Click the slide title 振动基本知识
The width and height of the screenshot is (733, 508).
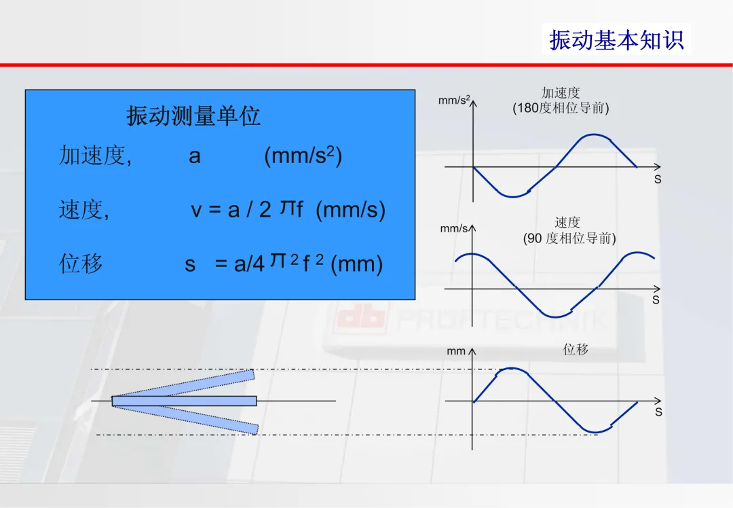616,40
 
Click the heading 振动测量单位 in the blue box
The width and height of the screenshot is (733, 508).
193,115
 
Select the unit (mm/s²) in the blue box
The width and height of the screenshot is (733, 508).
303,156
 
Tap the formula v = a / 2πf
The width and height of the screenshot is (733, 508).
247,209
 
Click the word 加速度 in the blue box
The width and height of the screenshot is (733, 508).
92,156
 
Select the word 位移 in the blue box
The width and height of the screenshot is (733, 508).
80,264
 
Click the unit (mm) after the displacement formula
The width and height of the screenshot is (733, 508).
357,264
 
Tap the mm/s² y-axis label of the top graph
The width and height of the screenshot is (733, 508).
454,100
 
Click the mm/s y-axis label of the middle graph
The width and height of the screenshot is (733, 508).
454,229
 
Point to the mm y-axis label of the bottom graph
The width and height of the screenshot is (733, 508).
456,351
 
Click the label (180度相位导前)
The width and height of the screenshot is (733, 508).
561,108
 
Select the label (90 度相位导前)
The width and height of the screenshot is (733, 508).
569,238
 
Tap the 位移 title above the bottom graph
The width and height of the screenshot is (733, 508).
576,349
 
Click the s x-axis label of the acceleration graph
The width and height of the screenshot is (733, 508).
658,179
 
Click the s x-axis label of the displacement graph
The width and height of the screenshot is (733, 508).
658,412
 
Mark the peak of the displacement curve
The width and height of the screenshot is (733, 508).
512,369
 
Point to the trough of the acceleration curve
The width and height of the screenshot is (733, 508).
513,196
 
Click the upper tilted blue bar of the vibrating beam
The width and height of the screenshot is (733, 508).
183,384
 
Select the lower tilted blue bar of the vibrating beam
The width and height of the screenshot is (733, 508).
185,417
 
